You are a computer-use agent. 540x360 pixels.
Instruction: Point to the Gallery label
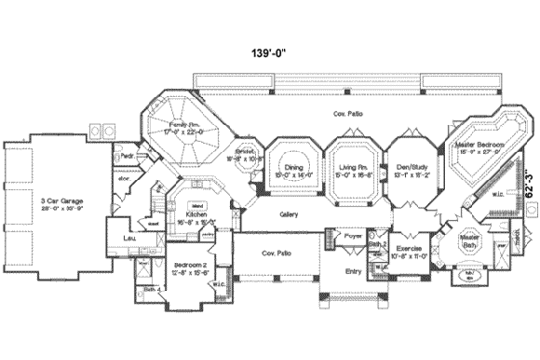pyautogui.click(x=288, y=214)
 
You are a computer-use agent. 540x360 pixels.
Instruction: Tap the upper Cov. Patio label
pyautogui.click(x=346, y=114)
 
